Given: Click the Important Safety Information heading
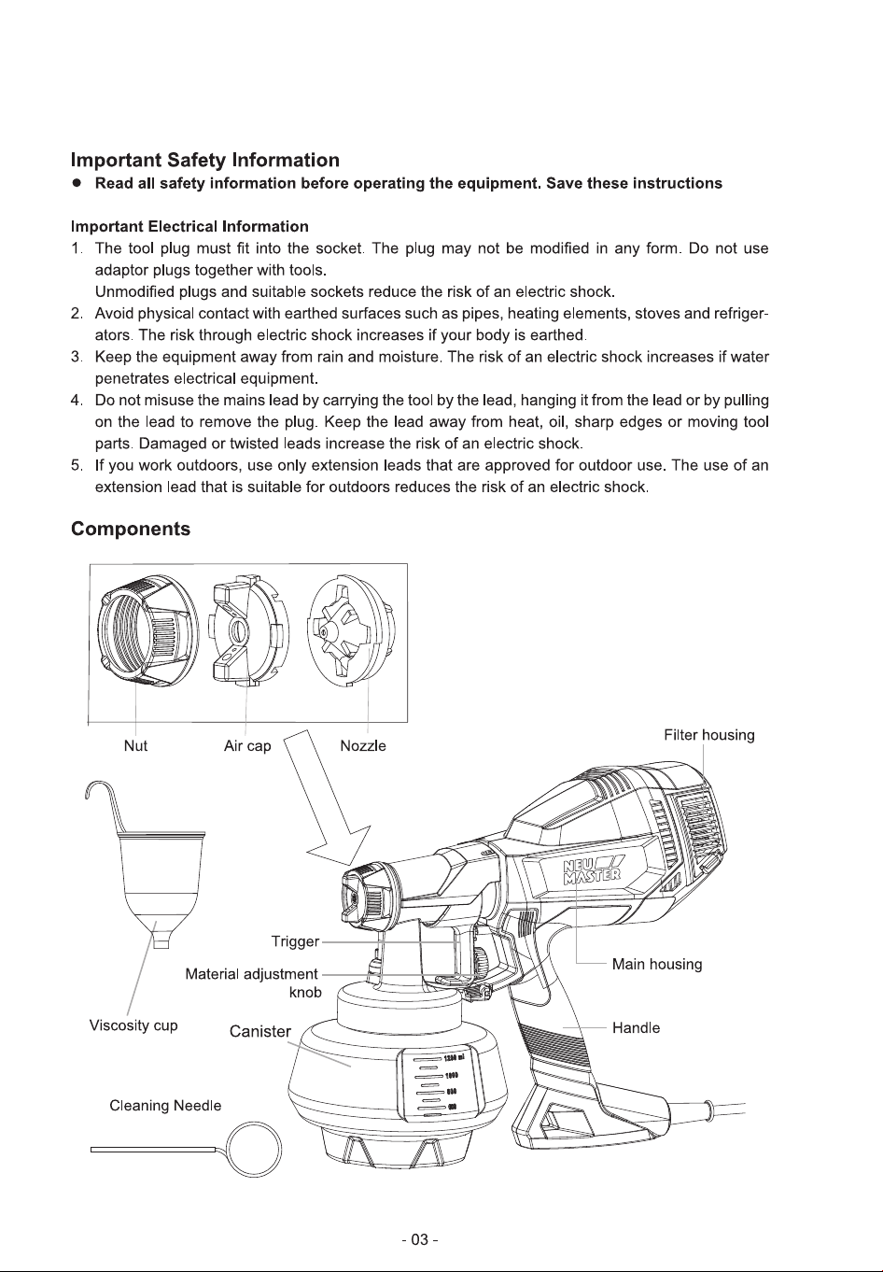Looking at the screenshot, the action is click(x=204, y=160).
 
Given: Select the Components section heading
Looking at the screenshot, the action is click(x=131, y=529).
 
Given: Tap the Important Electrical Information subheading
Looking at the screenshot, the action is click(x=189, y=227).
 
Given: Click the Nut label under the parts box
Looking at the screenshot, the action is click(x=135, y=745).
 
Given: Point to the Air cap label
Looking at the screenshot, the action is click(x=247, y=746).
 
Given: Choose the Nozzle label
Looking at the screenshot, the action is click(x=363, y=745).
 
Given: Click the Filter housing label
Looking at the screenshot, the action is click(x=709, y=735).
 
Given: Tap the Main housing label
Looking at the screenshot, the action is click(x=657, y=964).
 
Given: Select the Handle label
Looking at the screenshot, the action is click(x=637, y=1028).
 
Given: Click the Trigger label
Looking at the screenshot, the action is click(x=296, y=941).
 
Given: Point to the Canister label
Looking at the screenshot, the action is click(x=259, y=1031).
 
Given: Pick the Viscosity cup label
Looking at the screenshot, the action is click(x=133, y=1025).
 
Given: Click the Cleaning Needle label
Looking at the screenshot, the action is click(x=165, y=1106).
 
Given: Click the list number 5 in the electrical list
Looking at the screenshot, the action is click(x=77, y=466).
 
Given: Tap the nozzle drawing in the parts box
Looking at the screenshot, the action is click(x=351, y=630).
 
